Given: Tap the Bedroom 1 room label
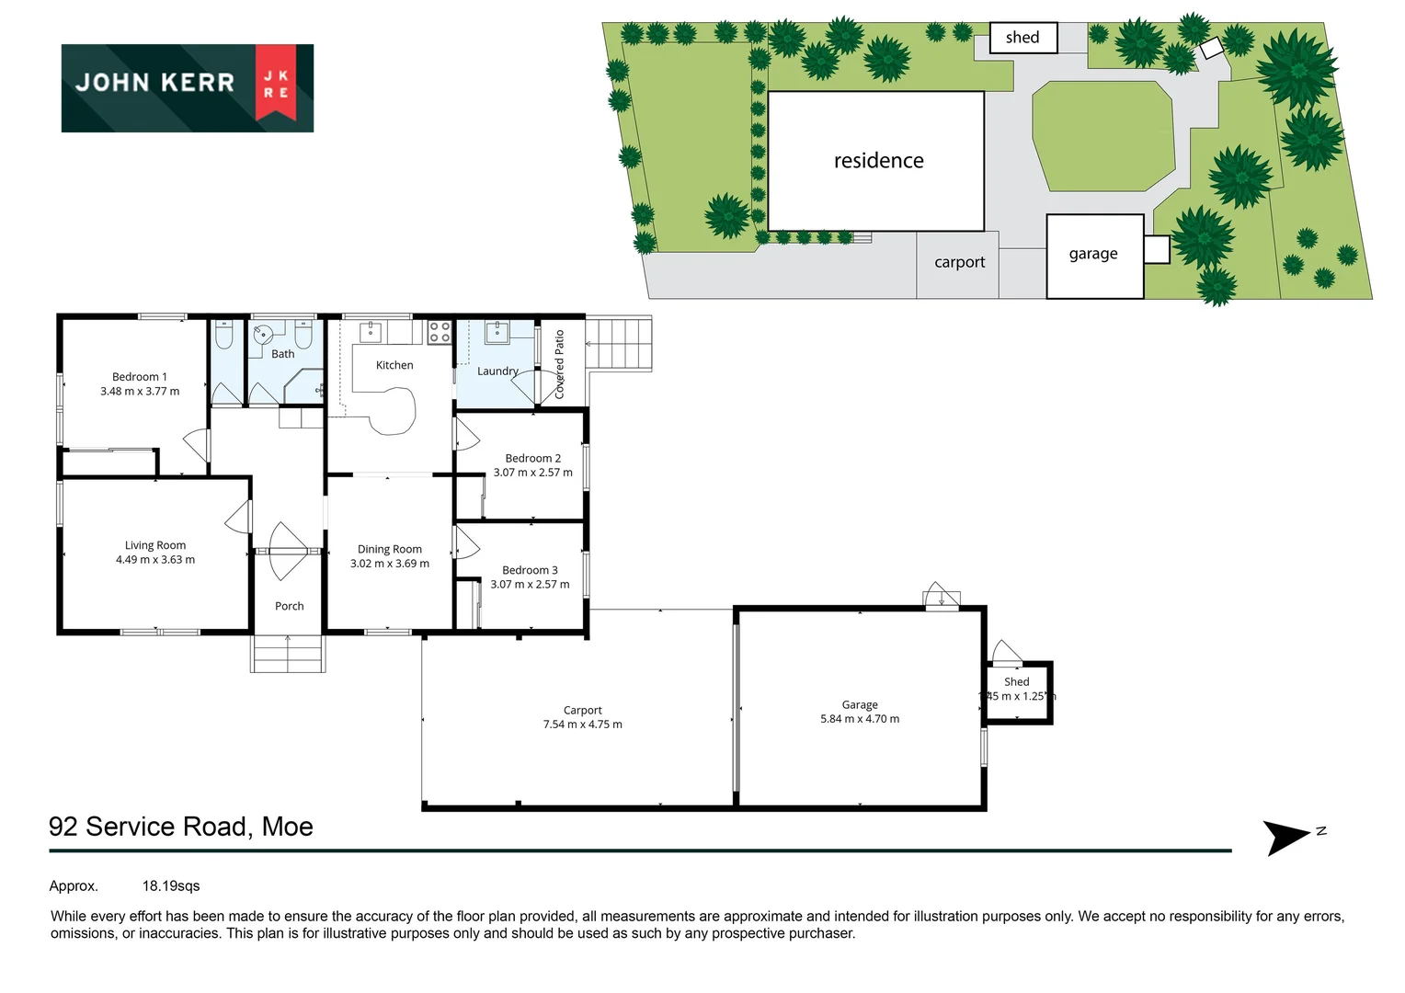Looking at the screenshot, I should pyautogui.click(x=140, y=377).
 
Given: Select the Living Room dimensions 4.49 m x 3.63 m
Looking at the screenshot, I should pyautogui.click(x=155, y=560).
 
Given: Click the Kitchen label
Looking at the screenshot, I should pyautogui.click(x=394, y=365).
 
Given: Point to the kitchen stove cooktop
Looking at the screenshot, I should pyautogui.click(x=440, y=332).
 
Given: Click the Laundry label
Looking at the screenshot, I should pyautogui.click(x=497, y=371).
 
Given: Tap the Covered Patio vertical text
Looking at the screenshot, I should pyautogui.click(x=559, y=364).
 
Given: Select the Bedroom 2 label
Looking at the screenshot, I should pyautogui.click(x=532, y=458).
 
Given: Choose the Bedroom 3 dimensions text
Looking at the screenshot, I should pyautogui.click(x=530, y=585).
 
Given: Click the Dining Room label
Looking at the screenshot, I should pyautogui.click(x=390, y=549).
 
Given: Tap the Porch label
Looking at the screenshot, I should pyautogui.click(x=289, y=606).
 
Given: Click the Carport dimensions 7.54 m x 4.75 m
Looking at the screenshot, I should pyautogui.click(x=582, y=725).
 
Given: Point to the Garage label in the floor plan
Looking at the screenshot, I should pyautogui.click(x=860, y=705).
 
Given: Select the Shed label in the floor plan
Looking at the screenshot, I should pyautogui.click(x=1016, y=681).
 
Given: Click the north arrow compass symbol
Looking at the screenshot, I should pyautogui.click(x=1286, y=837).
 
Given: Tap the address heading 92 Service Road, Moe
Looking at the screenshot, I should pyautogui.click(x=181, y=827).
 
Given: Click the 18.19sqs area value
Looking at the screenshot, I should pyautogui.click(x=171, y=886).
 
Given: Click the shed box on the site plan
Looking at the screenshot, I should pyautogui.click(x=1022, y=38).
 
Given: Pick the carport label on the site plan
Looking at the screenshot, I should pyautogui.click(x=959, y=262).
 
